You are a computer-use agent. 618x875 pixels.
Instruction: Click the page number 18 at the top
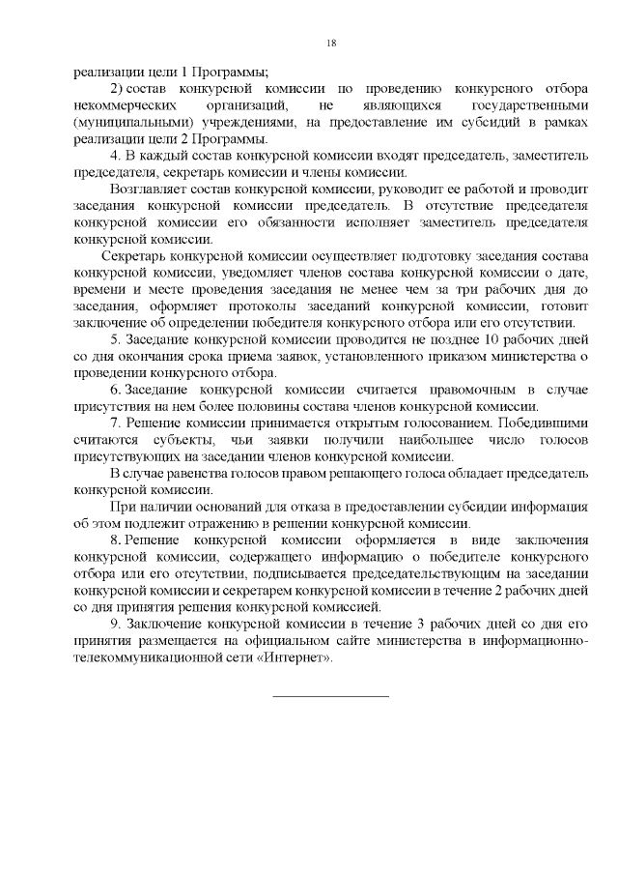click(x=330, y=43)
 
